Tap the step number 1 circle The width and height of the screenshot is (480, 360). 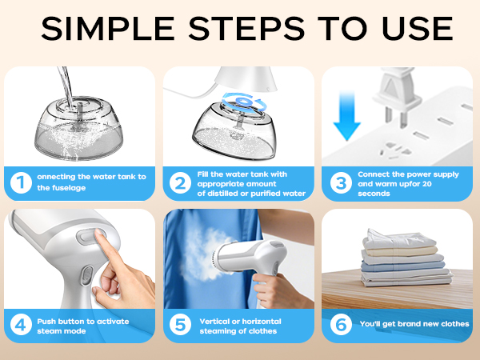point(20,182)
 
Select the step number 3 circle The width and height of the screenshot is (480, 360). point(340,182)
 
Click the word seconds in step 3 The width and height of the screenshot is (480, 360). point(374,193)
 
